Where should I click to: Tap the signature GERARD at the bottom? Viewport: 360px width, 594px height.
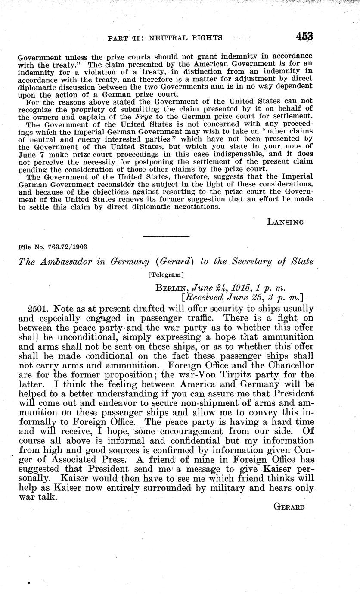pos(289,507)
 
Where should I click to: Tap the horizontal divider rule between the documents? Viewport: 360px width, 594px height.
pos(166,236)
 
